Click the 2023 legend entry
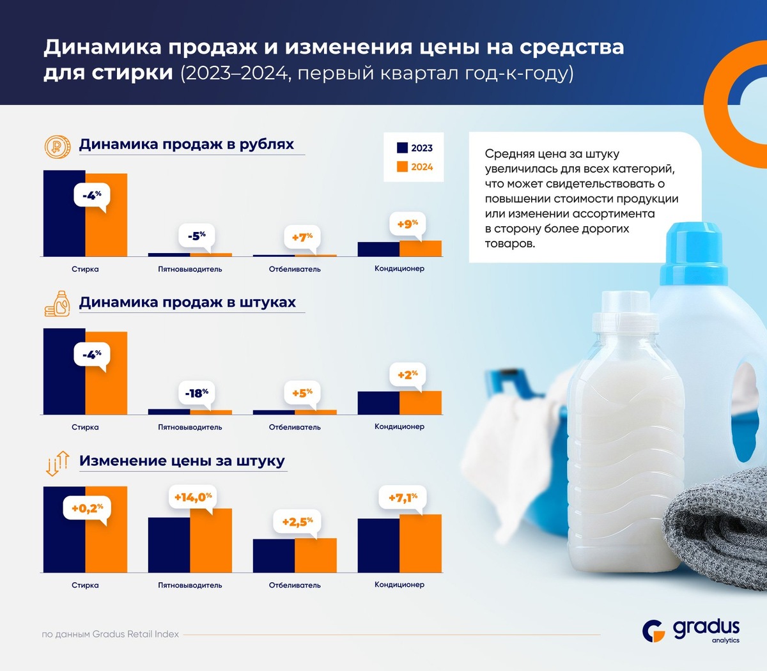(414, 148)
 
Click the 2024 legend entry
(414, 167)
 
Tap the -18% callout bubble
(196, 393)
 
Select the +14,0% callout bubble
(192, 497)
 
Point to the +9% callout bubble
(407, 224)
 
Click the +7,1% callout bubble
(403, 497)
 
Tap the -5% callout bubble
(196, 236)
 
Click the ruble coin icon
(57, 146)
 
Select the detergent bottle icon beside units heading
(57, 304)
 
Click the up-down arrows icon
(57, 463)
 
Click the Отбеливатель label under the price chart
(295, 585)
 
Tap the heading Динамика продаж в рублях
(186, 144)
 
